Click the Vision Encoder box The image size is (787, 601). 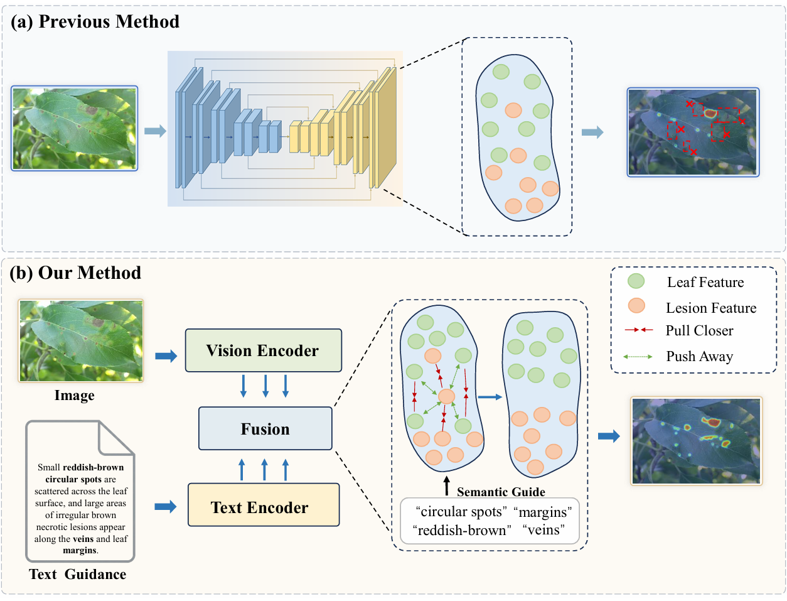pos(263,350)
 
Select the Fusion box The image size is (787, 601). pos(265,429)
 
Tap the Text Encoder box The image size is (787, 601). pos(263,507)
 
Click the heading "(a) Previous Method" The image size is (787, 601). pos(95,22)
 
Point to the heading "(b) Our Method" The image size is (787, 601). pos(76,273)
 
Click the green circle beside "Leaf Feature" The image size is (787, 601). pos(636,281)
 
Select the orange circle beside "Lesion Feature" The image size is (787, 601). pos(636,306)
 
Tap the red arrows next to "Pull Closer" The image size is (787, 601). pos(639,330)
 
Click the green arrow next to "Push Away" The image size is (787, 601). pos(638,357)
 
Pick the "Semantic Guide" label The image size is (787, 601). pos(501,492)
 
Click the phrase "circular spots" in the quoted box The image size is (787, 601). pos(461,512)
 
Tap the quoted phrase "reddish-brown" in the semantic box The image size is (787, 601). pos(461,530)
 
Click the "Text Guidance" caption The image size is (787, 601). pos(77,574)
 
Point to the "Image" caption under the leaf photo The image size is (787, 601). pos(74,395)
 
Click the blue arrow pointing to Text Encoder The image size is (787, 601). pos(166,507)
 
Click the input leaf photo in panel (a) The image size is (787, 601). pos(75,129)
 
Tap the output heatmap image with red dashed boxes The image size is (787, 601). pos(693,132)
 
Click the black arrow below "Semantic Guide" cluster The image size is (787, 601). pos(447,485)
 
